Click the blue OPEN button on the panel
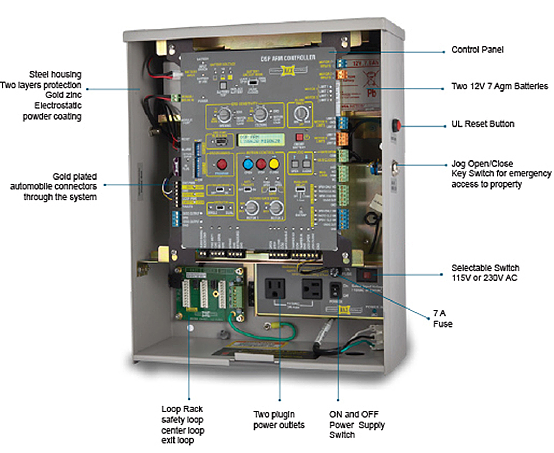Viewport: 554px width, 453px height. click(x=248, y=164)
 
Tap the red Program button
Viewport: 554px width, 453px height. click(x=222, y=164)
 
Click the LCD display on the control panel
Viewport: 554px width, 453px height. click(x=261, y=140)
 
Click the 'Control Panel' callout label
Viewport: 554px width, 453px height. click(x=477, y=50)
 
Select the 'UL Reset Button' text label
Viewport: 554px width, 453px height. click(x=482, y=124)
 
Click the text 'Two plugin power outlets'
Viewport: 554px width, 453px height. click(x=279, y=420)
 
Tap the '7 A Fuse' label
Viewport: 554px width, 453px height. click(x=442, y=319)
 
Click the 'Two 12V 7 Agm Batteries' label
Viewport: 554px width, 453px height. click(x=499, y=86)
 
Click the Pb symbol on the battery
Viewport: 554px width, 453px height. click(x=372, y=93)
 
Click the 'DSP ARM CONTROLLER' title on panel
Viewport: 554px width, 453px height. click(x=288, y=58)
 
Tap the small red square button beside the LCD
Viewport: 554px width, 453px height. click(x=299, y=137)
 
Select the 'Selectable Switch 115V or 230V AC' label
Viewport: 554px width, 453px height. click(x=485, y=273)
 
